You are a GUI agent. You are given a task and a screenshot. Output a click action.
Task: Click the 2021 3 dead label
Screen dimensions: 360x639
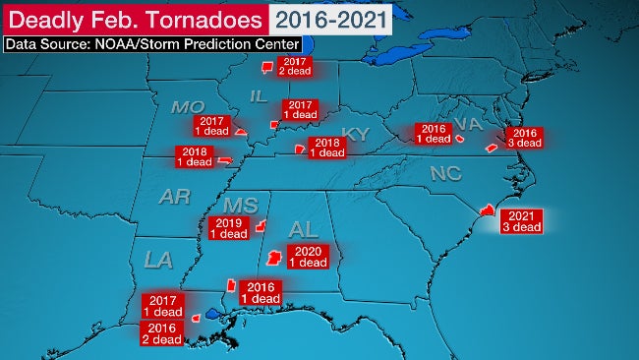tap(519, 221)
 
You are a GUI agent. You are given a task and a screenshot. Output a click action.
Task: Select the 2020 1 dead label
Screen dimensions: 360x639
tap(312, 257)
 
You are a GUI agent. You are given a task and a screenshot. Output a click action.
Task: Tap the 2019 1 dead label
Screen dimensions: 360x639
tap(228, 229)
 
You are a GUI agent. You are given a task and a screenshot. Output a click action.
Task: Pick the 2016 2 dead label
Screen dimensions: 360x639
tap(162, 332)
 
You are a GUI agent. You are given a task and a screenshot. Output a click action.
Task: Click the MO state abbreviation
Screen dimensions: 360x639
tap(187, 106)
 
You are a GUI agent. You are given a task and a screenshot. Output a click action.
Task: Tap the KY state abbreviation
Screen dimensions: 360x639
tap(354, 133)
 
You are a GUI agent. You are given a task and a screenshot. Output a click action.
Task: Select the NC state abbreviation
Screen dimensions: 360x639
tap(445, 173)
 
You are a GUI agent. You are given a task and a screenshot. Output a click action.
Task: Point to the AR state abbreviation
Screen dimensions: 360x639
tap(174, 197)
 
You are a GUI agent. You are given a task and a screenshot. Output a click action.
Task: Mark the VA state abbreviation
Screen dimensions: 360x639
tap(469, 123)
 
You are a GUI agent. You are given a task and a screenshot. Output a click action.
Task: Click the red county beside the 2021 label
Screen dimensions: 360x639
tap(485, 210)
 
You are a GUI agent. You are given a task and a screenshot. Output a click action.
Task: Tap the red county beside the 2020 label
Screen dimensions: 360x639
tap(274, 259)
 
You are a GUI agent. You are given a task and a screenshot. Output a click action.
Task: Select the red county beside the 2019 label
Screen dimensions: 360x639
tap(261, 226)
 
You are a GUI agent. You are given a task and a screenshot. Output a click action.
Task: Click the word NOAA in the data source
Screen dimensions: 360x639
tap(117, 44)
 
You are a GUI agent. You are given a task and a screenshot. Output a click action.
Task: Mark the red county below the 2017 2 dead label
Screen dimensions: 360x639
tap(264, 68)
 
